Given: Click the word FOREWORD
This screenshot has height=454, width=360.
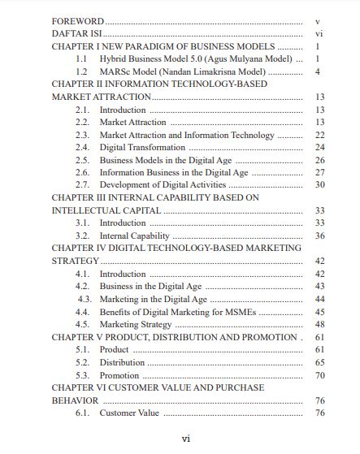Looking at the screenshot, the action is tap(77, 21).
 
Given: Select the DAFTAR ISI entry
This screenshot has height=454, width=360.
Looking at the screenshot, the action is tap(76, 35).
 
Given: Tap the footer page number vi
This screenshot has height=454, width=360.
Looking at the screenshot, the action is tap(185, 439).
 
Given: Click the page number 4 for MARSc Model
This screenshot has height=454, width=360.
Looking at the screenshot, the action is tap(318, 72).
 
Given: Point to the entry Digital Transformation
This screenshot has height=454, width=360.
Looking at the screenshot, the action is tap(142, 147).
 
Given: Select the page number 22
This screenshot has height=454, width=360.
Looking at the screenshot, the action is tap(319, 135).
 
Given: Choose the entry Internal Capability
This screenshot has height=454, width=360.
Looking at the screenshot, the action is tap(135, 236).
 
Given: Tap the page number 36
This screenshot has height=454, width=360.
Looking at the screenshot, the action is tap(319, 236).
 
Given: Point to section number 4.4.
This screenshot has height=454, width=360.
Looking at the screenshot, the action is tap(82, 311).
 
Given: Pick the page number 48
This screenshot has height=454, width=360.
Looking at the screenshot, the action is tap(319, 324).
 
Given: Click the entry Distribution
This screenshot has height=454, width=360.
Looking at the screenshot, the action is tap(122, 362).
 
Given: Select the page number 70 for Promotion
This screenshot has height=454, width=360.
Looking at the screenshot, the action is tap(319, 375).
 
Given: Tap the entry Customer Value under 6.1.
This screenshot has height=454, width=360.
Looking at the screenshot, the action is tap(129, 413).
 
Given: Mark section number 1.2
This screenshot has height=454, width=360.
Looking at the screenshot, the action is tap(82, 72).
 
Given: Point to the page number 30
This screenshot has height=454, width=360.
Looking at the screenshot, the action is tap(319, 185).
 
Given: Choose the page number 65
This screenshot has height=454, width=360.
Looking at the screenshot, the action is tap(319, 362).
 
